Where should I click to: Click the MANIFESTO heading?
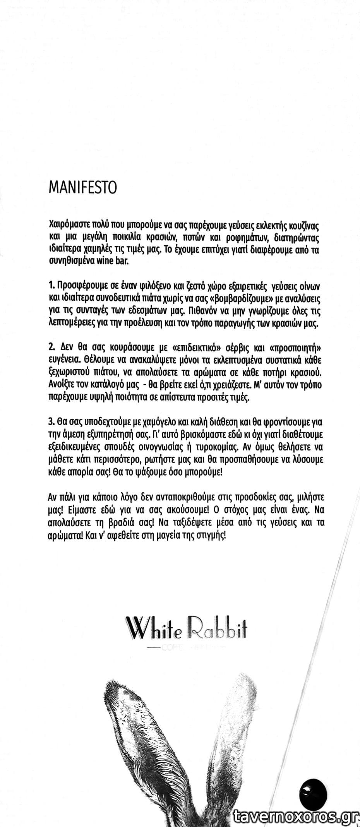point(82,188)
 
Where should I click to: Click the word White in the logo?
point(153,629)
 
